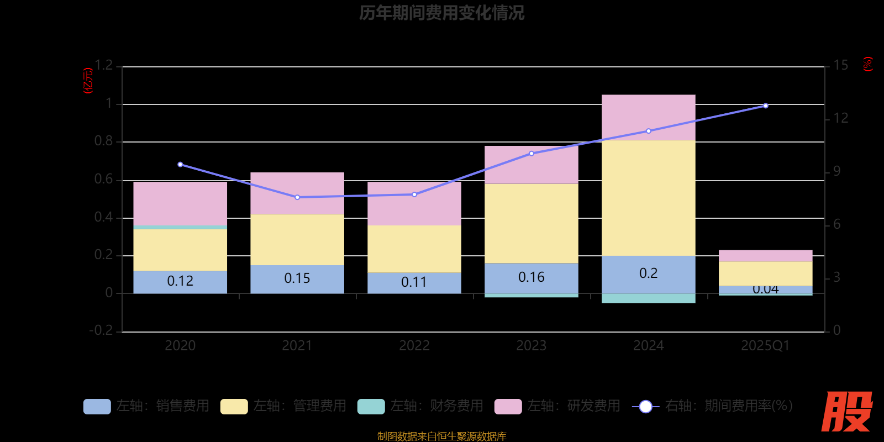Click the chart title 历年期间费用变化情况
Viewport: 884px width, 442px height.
pos(441,13)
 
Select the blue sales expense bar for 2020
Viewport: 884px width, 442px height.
pos(180,282)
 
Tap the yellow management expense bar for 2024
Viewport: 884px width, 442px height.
pos(648,198)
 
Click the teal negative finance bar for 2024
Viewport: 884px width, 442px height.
pos(648,298)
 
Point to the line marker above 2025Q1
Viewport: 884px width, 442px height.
pos(765,106)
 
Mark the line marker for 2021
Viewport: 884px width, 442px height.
pos(297,197)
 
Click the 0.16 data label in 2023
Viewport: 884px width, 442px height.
pos(531,277)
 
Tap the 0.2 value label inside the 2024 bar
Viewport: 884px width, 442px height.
pos(648,273)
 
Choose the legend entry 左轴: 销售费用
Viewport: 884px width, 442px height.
pos(147,406)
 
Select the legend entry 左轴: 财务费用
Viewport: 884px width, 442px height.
pos(421,406)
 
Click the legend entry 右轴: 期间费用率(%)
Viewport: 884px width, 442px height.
pos(713,406)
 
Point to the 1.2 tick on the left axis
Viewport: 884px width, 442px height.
pos(103,66)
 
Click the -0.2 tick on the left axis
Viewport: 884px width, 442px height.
pos(101,330)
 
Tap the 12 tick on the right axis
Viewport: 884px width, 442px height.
pos(840,118)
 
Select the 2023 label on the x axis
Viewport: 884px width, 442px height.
pos(531,346)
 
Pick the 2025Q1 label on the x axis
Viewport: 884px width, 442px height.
pos(765,346)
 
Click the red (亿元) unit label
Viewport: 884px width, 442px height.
pos(88,81)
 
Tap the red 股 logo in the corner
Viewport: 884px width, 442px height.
pos(846,412)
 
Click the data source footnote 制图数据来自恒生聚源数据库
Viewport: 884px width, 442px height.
pos(441,436)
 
